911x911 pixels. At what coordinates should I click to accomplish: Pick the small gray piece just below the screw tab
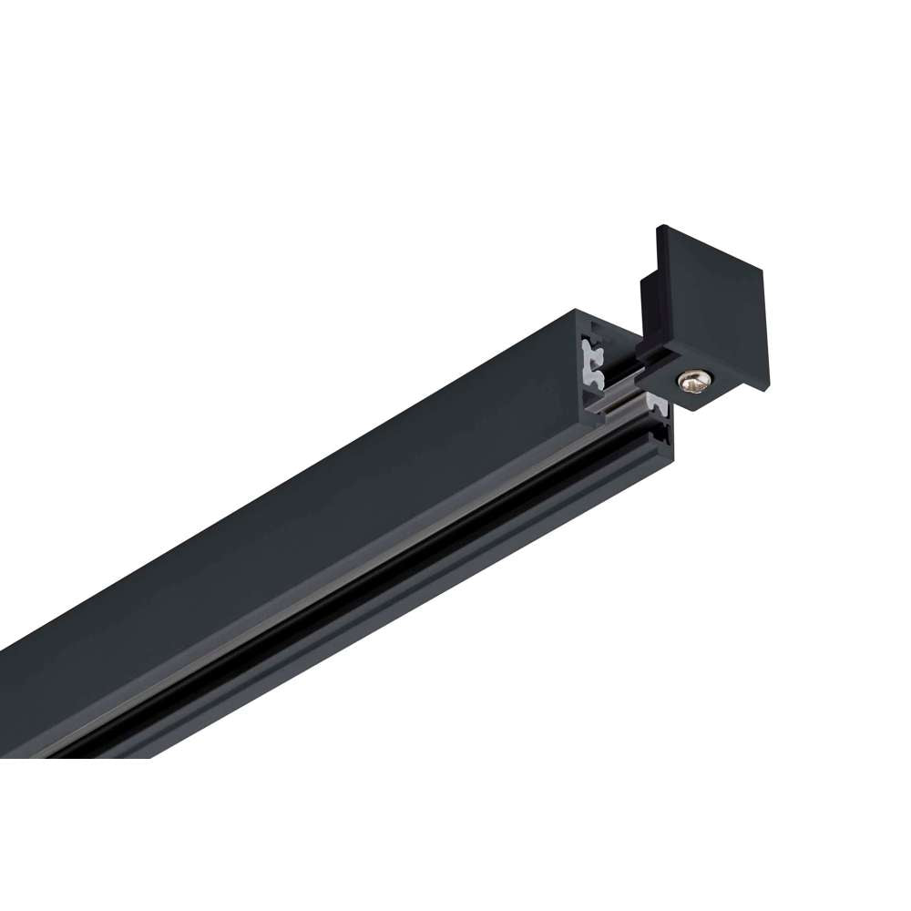click(x=658, y=401)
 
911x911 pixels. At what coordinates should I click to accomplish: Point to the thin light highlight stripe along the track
click(x=364, y=613)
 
